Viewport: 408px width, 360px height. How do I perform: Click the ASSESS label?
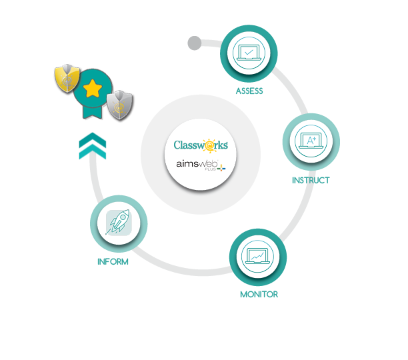pos(249,91)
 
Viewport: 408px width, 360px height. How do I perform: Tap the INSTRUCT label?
pos(310,181)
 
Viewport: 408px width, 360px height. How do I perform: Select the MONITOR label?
pos(259,294)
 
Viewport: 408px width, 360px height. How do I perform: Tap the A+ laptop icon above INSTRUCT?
pos(311,142)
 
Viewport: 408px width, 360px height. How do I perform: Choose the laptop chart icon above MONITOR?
pos(258,256)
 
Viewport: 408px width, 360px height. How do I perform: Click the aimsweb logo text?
pos(195,164)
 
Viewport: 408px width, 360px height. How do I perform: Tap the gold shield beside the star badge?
pos(67,81)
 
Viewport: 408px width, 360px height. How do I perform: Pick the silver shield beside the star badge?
pos(118,103)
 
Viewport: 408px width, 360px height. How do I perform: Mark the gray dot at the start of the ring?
pos(195,41)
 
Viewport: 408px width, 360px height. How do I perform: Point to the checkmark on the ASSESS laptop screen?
pos(249,52)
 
